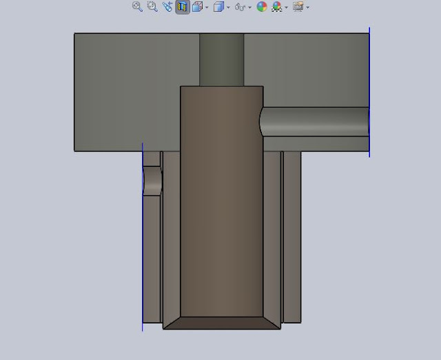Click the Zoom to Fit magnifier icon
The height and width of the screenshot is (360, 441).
point(137,7)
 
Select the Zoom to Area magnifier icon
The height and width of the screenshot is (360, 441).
point(152,7)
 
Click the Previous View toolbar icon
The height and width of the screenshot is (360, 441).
point(167,7)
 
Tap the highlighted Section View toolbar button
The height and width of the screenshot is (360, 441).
point(183,7)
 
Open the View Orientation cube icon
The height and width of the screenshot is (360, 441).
point(197,7)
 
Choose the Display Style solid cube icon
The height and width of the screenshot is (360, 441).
point(219,7)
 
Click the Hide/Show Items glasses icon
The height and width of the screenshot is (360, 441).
point(240,7)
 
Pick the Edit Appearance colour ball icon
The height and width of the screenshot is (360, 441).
point(262,7)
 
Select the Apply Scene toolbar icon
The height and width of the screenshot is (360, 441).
point(277,7)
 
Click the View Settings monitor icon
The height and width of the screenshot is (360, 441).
point(298,7)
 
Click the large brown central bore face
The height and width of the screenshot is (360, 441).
point(221,200)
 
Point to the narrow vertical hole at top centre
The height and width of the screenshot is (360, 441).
point(221,59)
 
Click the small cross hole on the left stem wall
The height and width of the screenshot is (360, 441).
point(152,181)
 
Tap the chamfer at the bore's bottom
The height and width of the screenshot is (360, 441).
point(221,323)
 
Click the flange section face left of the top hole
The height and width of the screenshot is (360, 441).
point(131,90)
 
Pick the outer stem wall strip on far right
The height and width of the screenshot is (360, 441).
point(292,234)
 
